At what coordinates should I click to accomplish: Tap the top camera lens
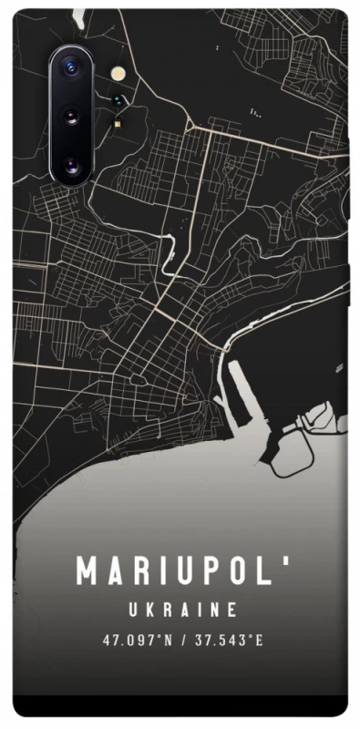pyautogui.click(x=70, y=67)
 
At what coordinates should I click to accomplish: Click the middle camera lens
pyautogui.click(x=70, y=116)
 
